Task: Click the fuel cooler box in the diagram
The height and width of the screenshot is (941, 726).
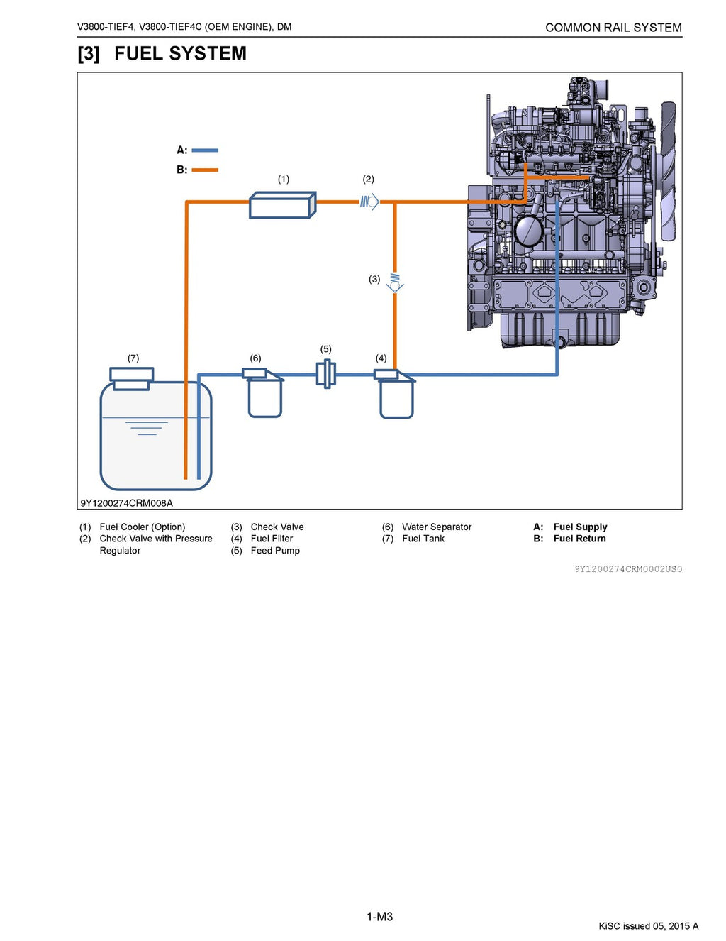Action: (x=281, y=205)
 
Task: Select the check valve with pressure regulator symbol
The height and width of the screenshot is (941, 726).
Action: (x=369, y=202)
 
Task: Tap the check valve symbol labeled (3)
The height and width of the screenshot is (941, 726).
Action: (x=395, y=282)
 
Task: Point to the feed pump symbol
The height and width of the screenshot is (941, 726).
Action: (x=326, y=373)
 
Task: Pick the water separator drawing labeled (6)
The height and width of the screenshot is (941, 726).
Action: (x=264, y=395)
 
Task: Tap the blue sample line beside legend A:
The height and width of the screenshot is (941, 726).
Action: (x=205, y=150)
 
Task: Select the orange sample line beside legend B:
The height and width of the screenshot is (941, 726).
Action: (x=205, y=170)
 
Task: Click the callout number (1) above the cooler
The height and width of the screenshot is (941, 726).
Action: (x=284, y=180)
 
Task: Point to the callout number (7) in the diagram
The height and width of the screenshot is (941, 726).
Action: (x=133, y=358)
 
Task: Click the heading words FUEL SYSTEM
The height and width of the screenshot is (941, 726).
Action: (x=180, y=54)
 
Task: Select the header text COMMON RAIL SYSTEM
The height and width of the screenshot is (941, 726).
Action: (x=613, y=28)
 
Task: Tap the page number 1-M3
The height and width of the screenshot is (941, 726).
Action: (x=379, y=917)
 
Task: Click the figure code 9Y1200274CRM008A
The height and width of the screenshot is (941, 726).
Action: (x=126, y=503)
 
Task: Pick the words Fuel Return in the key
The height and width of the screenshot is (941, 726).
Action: (x=579, y=539)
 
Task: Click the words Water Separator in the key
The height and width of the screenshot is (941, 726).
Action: (x=436, y=527)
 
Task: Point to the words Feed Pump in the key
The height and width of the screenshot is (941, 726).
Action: (x=275, y=551)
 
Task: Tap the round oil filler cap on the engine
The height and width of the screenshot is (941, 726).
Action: (x=528, y=231)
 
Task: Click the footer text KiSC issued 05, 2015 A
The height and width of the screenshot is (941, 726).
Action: (x=648, y=926)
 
